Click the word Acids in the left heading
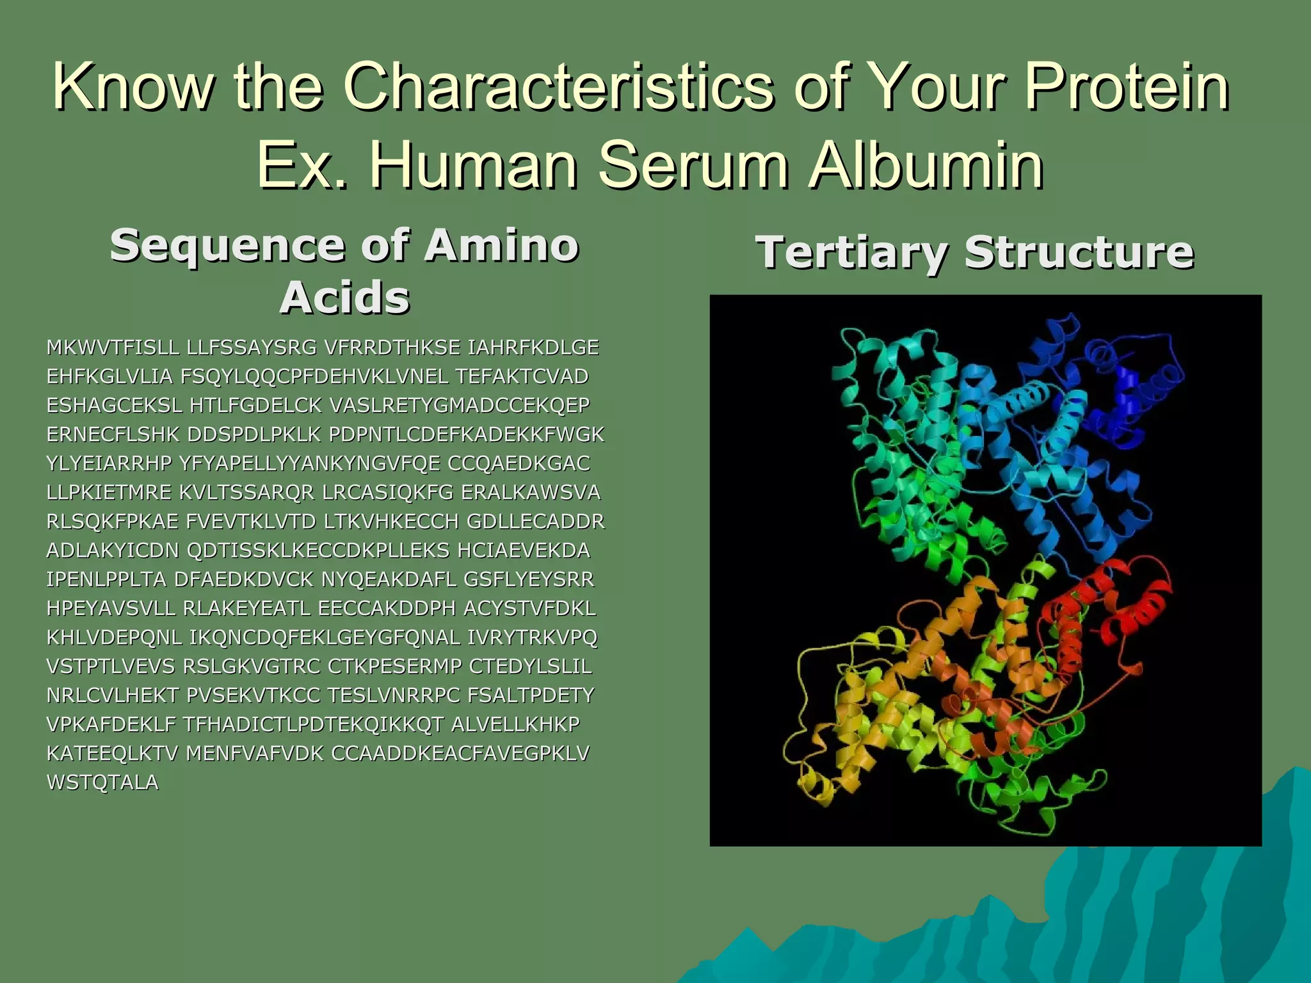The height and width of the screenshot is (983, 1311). (x=344, y=298)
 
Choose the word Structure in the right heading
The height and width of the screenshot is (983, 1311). (x=1079, y=252)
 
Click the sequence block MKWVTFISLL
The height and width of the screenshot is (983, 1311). (x=113, y=348)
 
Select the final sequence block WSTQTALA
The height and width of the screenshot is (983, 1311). (x=102, y=782)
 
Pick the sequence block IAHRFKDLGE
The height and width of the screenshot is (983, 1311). (x=533, y=348)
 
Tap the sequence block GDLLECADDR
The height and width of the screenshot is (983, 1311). (x=535, y=522)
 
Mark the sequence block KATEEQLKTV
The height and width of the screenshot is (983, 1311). (x=112, y=753)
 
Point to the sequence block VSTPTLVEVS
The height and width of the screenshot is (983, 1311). (x=110, y=666)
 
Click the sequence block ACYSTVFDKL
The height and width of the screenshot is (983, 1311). (x=529, y=608)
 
